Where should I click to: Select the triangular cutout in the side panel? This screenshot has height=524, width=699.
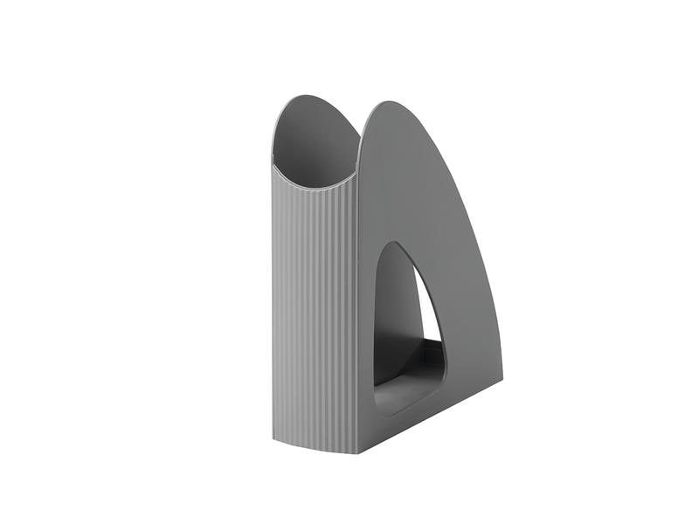point(405,323)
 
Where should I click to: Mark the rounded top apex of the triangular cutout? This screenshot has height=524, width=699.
point(401,246)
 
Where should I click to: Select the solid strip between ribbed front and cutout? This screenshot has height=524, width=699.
point(366,332)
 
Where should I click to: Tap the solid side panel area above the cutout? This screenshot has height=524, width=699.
point(402,192)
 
